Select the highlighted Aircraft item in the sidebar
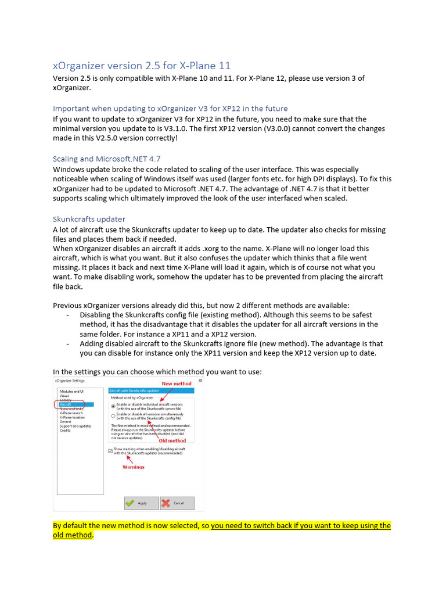coord(65,404)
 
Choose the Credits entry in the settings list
coord(64,431)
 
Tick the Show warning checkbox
coord(110,450)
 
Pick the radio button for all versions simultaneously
coord(113,416)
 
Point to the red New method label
coord(176,384)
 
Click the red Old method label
coord(172,440)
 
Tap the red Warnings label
coord(133,467)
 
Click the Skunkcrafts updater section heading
coord(89,219)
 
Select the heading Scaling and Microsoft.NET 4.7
coord(106,159)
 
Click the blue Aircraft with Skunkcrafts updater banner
coord(151,391)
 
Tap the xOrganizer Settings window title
coord(70,381)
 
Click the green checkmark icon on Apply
coord(130,503)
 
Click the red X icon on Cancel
coord(166,503)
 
